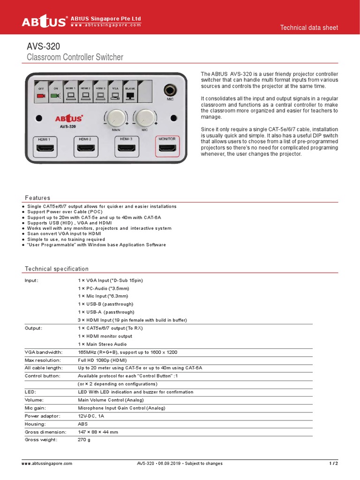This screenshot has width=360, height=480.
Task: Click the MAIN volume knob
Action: click(x=114, y=119)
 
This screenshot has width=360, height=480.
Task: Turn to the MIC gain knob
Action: click(x=145, y=119)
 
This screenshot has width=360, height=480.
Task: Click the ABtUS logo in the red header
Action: click(x=45, y=22)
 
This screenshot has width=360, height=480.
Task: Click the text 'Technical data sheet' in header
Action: click(x=309, y=28)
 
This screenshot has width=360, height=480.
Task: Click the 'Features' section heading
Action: click(x=37, y=198)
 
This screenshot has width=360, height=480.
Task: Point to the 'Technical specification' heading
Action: click(x=56, y=269)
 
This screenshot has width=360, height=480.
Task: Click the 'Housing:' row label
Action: click(x=35, y=424)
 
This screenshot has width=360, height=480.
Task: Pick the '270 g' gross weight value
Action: click(x=84, y=440)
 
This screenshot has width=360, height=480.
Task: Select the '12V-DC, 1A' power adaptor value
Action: click(x=91, y=416)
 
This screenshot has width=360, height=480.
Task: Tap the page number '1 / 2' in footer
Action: click(x=333, y=463)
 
